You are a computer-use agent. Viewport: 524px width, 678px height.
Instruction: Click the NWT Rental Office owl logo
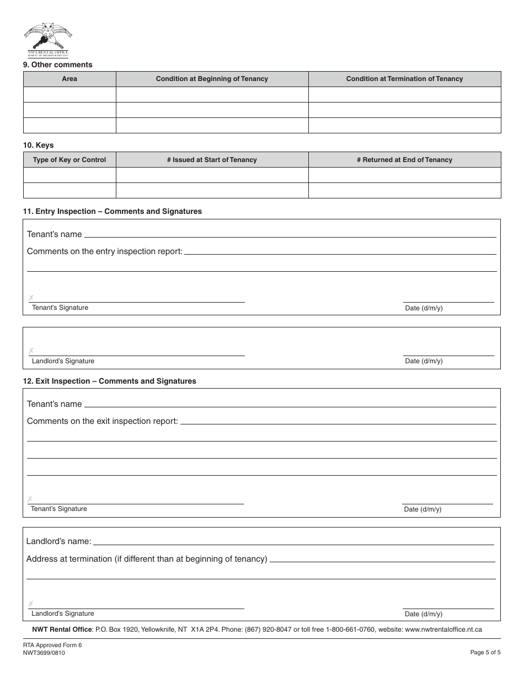click(47, 39)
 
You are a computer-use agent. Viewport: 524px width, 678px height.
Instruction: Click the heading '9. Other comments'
click(57, 64)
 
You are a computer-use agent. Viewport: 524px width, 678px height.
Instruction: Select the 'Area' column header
click(69, 79)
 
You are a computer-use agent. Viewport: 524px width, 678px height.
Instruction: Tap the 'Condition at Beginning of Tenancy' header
click(212, 79)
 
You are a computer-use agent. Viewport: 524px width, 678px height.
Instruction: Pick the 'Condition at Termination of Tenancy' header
click(404, 79)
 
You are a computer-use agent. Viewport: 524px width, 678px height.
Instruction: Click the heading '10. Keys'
click(38, 145)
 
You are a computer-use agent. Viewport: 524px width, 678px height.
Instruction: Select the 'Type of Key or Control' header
click(69, 160)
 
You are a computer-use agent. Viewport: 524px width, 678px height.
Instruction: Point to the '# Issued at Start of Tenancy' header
click(212, 160)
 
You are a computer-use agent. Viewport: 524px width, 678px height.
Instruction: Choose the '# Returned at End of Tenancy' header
click(404, 160)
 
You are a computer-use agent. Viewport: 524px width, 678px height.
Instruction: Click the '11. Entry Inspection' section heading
click(112, 211)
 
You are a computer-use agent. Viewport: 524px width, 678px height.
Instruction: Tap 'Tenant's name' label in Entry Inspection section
click(54, 234)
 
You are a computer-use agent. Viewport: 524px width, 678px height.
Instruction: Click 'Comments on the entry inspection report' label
click(104, 251)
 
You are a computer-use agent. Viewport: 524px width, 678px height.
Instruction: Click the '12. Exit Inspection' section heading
click(109, 381)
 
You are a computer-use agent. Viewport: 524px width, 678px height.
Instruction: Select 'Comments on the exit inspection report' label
click(102, 421)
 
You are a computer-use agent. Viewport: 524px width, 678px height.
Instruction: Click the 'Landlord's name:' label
click(58, 541)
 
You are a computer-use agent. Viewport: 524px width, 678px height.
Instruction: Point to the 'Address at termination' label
click(146, 559)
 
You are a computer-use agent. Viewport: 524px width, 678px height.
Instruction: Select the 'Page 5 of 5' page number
click(485, 653)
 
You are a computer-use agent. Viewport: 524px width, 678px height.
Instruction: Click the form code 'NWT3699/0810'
click(44, 653)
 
